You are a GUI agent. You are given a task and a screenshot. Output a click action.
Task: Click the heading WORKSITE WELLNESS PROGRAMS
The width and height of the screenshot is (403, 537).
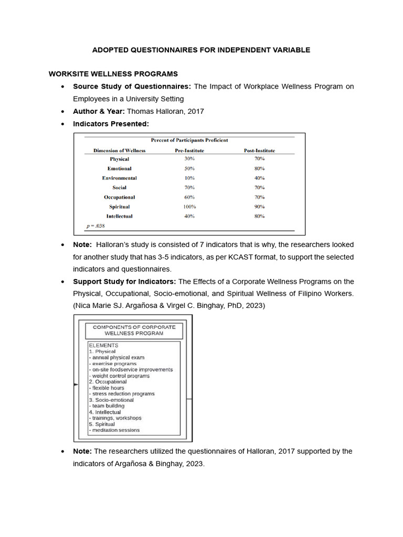113,73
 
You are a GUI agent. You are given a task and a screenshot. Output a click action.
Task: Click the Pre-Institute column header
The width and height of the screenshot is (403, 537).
189,151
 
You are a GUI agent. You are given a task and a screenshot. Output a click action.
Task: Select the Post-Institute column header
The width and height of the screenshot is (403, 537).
259,151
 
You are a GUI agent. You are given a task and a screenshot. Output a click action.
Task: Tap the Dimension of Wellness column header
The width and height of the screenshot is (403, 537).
119,151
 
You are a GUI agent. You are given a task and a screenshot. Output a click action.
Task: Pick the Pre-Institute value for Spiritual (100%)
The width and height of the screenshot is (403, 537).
189,207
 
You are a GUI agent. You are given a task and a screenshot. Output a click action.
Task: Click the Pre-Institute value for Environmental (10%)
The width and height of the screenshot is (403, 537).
189,178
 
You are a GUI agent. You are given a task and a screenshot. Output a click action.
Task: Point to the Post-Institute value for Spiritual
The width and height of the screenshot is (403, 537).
259,207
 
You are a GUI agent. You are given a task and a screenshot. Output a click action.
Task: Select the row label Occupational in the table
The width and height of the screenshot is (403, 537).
119,197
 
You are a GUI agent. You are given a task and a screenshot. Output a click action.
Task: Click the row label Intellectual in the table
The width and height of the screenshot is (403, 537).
119,216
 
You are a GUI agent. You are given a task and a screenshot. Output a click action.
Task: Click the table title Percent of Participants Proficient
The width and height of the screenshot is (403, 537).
189,140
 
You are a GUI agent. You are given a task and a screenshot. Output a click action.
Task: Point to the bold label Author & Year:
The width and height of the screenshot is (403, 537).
99,111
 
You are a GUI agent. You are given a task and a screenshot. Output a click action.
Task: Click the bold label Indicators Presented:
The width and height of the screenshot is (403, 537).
111,124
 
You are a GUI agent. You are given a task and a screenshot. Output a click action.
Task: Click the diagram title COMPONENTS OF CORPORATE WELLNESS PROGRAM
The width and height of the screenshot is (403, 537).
134,330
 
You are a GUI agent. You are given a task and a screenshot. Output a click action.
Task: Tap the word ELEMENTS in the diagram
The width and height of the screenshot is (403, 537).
103,345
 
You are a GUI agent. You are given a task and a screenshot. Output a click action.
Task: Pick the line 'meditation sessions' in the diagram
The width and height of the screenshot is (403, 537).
115,430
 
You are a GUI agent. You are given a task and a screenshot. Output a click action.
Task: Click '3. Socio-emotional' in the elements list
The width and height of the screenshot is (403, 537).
111,400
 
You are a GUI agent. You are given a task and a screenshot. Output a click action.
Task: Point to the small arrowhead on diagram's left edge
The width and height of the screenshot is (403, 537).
76,384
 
